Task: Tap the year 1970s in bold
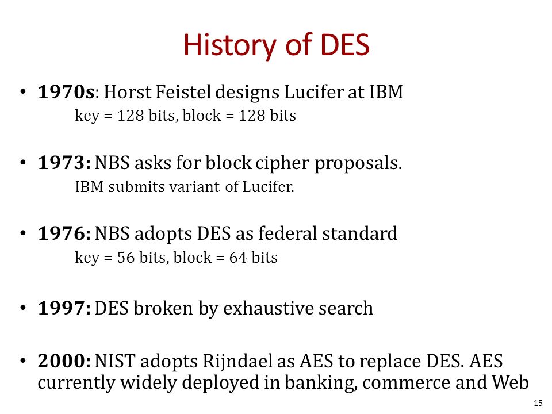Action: coord(66,92)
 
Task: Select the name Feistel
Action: coord(183,92)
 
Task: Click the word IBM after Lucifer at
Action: coord(386,92)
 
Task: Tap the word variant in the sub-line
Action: coord(195,186)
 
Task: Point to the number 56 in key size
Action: coord(126,258)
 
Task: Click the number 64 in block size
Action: coord(238,258)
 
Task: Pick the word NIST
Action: coord(115,361)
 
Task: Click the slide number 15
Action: coord(538,404)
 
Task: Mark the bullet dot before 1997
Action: coord(23,308)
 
